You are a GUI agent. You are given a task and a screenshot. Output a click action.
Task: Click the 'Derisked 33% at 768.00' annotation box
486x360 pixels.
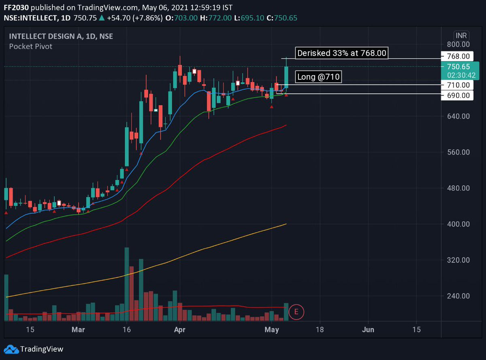[x=341, y=53]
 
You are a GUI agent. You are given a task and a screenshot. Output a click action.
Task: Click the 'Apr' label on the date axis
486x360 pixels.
[x=179, y=330]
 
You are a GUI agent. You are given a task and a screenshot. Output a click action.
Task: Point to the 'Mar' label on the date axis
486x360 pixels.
[x=78, y=330]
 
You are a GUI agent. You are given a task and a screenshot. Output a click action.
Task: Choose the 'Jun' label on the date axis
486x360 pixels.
[x=368, y=330]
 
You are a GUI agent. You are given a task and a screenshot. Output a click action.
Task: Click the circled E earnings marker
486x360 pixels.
[x=296, y=312]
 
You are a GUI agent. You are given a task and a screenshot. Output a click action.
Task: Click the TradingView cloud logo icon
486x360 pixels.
[x=11, y=349]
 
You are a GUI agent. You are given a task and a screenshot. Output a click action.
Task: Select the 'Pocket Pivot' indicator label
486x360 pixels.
[x=31, y=46]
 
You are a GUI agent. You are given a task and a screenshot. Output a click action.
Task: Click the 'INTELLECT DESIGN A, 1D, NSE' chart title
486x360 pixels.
[x=61, y=36]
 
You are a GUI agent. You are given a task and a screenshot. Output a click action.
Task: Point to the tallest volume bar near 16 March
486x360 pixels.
[x=127, y=283]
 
